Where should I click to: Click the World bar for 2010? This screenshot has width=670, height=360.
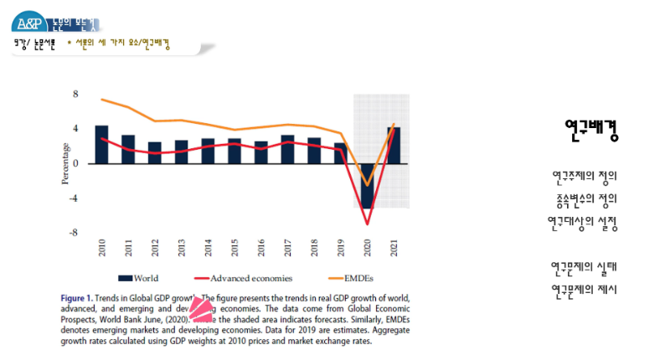pyautogui.click(x=101, y=144)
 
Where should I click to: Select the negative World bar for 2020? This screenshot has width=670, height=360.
pyautogui.click(x=367, y=186)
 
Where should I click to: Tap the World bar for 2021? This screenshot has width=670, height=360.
pyautogui.click(x=393, y=145)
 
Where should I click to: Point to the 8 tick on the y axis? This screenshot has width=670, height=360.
pyautogui.click(x=75, y=94)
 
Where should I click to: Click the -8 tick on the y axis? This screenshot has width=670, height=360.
pyautogui.click(x=74, y=233)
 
